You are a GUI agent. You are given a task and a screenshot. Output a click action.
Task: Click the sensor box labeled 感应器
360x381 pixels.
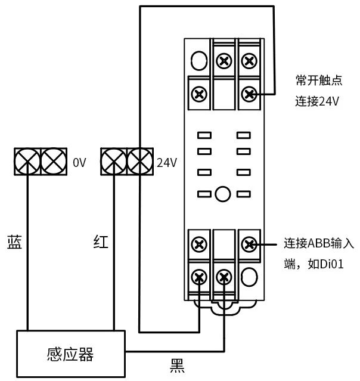tap(71, 354)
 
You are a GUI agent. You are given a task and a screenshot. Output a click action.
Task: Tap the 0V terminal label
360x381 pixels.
tap(79, 162)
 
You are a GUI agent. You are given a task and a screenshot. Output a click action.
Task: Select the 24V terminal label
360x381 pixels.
tap(167, 162)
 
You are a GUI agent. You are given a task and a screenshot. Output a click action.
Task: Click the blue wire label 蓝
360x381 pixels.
tap(14, 242)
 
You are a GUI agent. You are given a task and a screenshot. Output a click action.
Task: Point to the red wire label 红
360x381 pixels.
tap(101, 241)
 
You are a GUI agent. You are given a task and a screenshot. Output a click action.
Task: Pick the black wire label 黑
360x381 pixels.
tap(177, 366)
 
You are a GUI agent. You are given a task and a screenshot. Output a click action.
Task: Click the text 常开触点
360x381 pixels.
tap(319, 80)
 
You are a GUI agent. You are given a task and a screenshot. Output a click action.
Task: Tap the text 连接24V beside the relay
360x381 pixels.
tap(316, 101)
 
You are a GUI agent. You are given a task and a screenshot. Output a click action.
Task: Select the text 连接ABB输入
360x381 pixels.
tap(319, 243)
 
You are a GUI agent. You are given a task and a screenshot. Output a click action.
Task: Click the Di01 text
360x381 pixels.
tap(333, 264)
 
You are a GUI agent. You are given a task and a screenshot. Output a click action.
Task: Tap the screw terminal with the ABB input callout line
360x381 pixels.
tap(249, 244)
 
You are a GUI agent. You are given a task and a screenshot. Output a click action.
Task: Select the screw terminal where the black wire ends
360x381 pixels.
tap(224, 277)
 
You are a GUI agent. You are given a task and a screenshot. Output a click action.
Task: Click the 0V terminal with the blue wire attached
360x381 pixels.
tap(27, 162)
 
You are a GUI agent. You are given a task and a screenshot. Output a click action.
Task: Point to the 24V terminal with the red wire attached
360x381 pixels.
tap(113, 162)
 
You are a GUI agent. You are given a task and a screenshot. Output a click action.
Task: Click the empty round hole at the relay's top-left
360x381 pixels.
tap(199, 60)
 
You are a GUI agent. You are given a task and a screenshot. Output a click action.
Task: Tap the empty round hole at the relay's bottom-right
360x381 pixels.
tap(249, 277)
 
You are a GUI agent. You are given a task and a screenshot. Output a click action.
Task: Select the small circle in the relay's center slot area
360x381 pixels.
tap(223, 194)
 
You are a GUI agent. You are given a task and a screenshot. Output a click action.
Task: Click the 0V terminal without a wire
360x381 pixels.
tap(54, 162)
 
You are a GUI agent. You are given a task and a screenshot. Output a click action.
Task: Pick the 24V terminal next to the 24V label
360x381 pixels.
tap(140, 162)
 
